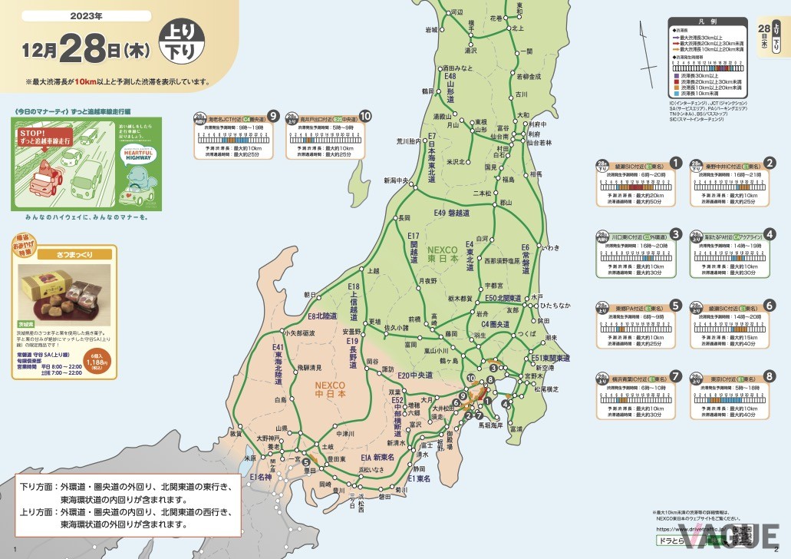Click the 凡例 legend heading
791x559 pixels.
[x=707, y=24]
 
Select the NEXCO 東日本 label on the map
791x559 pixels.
[x=443, y=255]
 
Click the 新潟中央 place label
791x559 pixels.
[x=397, y=181]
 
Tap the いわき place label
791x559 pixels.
[x=550, y=247]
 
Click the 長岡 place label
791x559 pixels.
[x=405, y=218]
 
